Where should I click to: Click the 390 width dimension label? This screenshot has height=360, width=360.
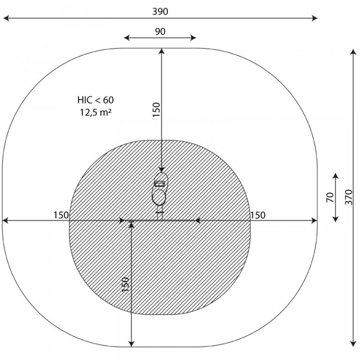click(x=160, y=11)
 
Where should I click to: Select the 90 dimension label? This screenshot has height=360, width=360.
click(x=160, y=31)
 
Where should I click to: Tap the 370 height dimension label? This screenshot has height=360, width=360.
click(x=349, y=197)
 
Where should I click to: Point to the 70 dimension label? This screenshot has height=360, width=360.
click(x=330, y=197)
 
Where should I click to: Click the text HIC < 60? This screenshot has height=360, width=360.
click(x=96, y=100)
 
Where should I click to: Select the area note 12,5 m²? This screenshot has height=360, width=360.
click(x=96, y=112)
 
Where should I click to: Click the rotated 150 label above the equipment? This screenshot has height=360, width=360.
click(x=157, y=110)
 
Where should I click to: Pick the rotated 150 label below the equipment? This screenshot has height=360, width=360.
click(x=125, y=285)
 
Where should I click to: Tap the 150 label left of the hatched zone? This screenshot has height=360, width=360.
click(x=61, y=215)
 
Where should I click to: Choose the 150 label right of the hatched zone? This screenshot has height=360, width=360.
click(x=258, y=215)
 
